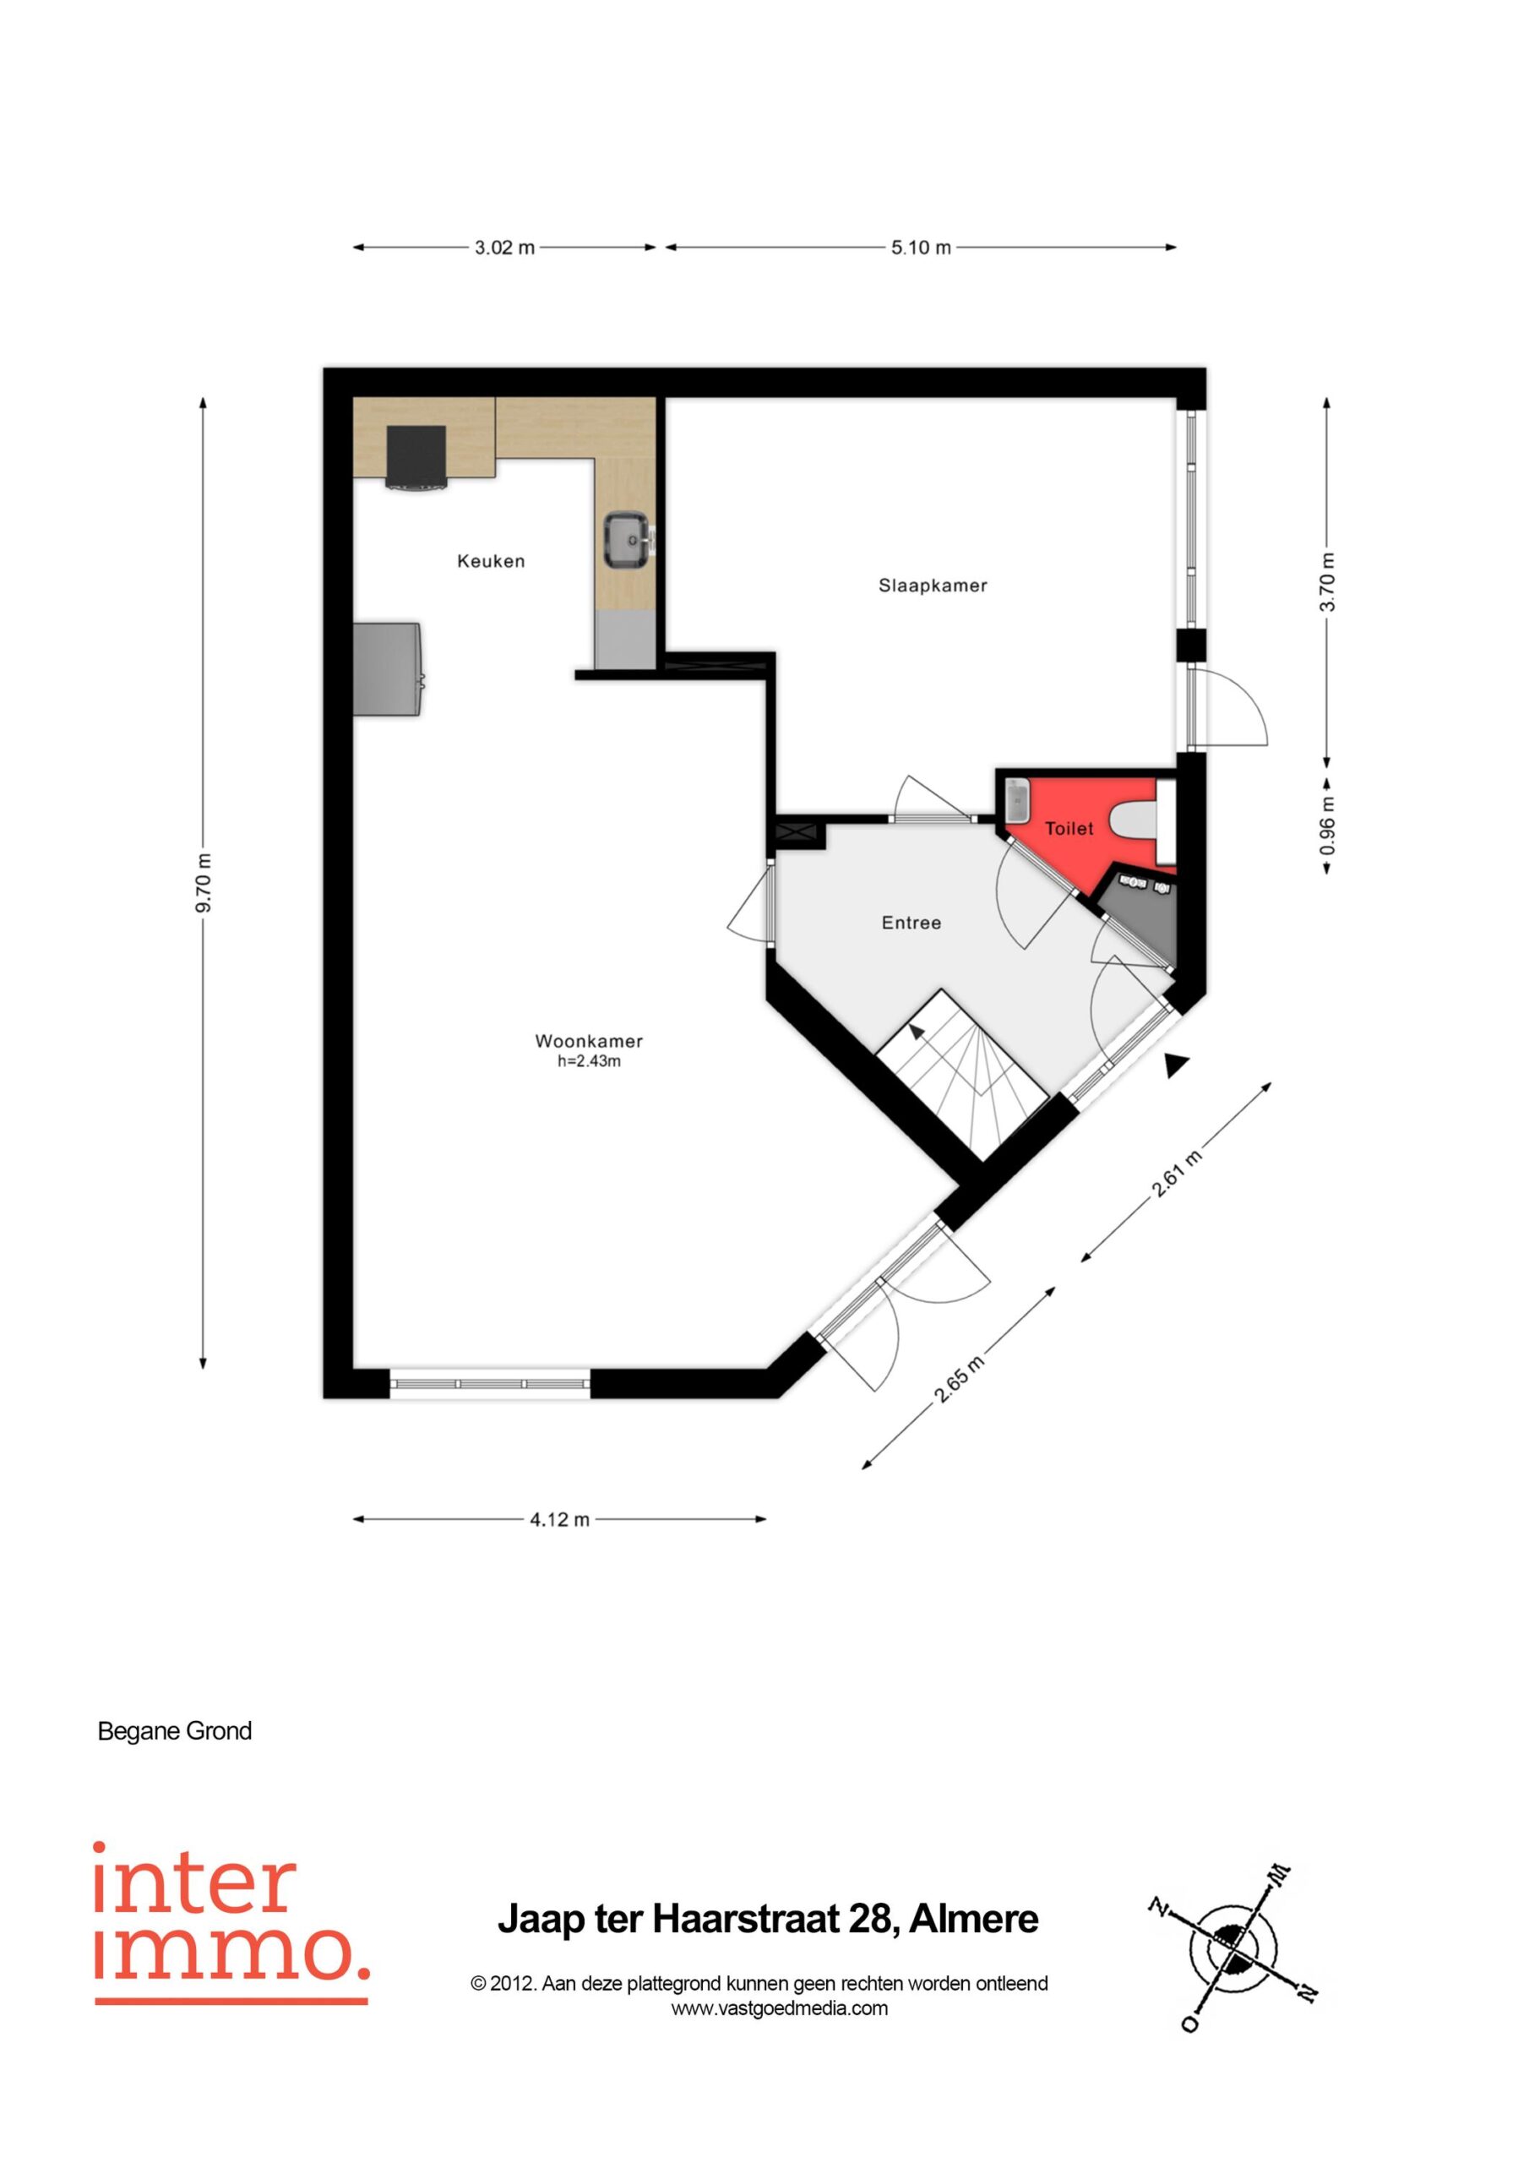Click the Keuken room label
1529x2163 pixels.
[x=491, y=562]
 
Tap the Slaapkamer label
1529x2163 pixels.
[x=933, y=586]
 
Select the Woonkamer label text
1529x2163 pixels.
[x=589, y=1041]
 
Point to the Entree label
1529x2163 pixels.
[x=911, y=923]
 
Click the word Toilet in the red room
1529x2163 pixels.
[x=1069, y=829]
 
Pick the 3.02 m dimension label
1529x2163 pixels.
[x=504, y=248]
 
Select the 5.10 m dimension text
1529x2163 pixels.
[x=922, y=248]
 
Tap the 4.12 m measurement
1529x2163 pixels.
[x=559, y=1519]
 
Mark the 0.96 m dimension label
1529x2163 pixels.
[x=1327, y=826]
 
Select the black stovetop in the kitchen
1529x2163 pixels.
[x=416, y=458]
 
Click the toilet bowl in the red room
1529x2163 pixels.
[x=1135, y=820]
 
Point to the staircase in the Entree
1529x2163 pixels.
[x=962, y=1074]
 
